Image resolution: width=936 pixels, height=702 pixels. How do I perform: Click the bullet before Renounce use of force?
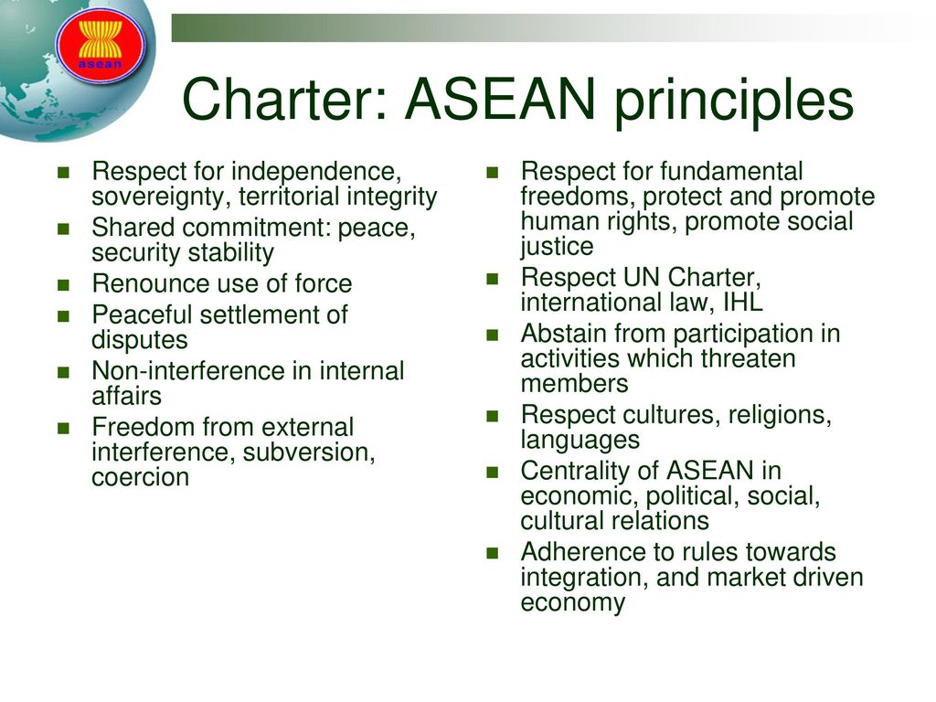click(x=63, y=284)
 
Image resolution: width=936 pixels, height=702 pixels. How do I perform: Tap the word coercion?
click(x=141, y=477)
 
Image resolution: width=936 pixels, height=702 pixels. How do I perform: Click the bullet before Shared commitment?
click(x=63, y=229)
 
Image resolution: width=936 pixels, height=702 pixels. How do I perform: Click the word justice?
click(x=557, y=247)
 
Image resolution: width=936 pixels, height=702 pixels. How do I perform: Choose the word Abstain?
click(x=564, y=334)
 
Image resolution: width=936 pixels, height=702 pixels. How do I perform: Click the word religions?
click(x=780, y=415)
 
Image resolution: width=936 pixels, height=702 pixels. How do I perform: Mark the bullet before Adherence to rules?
click(x=492, y=553)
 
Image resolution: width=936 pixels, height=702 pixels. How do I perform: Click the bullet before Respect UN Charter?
click(x=492, y=278)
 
